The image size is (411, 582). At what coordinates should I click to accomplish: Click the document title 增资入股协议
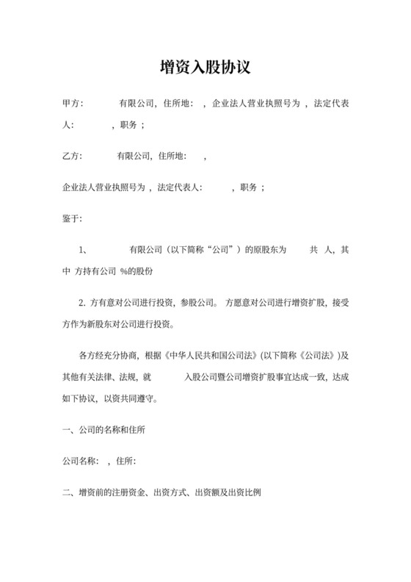tap(205, 68)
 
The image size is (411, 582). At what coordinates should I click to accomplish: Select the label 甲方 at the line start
tap(73, 104)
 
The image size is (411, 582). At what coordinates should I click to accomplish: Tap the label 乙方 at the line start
tap(73, 157)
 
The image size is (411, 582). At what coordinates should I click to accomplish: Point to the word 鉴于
tap(73, 219)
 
